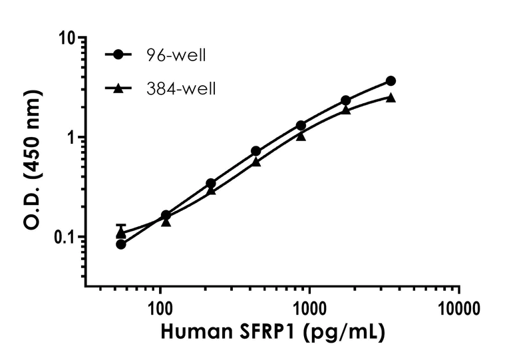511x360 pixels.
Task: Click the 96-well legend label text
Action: coord(176,55)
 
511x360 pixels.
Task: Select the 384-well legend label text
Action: coord(181,88)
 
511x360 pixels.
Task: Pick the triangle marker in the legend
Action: coord(118,87)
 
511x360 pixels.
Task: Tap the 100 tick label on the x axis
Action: coord(160,308)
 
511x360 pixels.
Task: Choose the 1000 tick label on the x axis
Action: coord(309,308)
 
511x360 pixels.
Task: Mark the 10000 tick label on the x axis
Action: coord(459,308)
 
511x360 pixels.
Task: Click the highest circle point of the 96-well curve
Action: coord(391,81)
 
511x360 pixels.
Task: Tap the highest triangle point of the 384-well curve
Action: coord(391,97)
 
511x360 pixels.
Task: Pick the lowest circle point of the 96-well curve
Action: coord(121,244)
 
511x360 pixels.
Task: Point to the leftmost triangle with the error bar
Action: coord(121,233)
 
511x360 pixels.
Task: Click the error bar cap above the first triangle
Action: coord(121,225)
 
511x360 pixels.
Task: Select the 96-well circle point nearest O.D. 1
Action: coord(301,125)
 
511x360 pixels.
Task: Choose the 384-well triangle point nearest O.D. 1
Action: coord(301,136)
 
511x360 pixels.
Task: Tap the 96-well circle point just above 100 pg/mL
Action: coord(166,215)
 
